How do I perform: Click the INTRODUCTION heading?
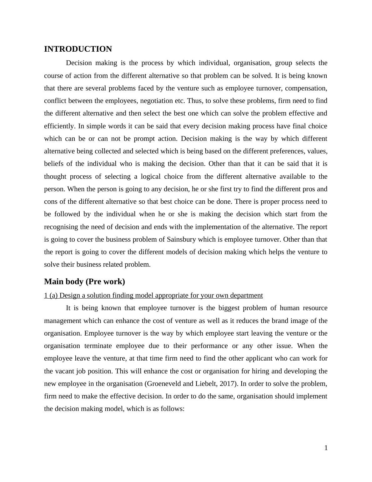click(78, 49)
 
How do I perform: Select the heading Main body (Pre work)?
click(84, 282)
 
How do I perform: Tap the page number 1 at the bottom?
click(326, 448)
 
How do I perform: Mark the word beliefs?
click(54, 164)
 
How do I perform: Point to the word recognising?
click(62, 227)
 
